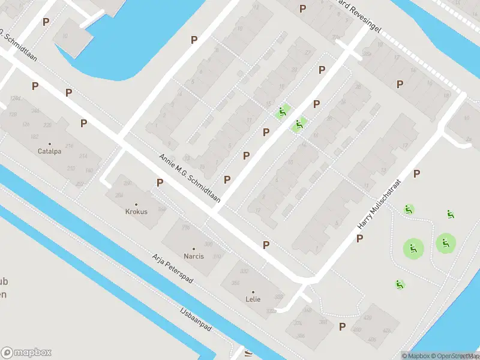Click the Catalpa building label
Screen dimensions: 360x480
(x=49, y=151)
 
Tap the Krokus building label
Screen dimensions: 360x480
(x=136, y=211)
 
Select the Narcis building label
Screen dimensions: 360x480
(x=194, y=256)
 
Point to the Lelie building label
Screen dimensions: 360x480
(x=253, y=299)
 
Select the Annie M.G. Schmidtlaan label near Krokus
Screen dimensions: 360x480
(x=190, y=178)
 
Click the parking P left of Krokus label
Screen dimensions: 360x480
(x=160, y=182)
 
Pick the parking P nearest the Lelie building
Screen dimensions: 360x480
(x=266, y=245)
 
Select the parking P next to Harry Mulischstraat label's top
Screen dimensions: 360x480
(x=417, y=174)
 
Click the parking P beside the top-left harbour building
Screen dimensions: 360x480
(x=46, y=22)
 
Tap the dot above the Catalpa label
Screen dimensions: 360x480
(x=49, y=144)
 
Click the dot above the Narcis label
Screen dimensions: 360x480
(x=194, y=249)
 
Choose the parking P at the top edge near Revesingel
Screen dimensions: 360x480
(x=302, y=8)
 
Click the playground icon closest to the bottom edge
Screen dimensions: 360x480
(x=400, y=284)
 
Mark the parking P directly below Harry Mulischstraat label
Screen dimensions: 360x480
(x=359, y=238)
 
